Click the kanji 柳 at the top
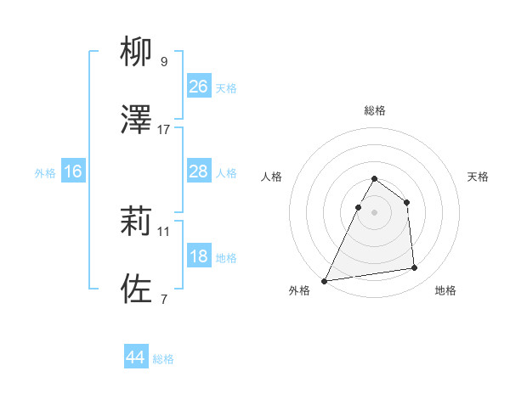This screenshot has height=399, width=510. point(137,53)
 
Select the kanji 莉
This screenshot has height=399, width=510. point(137,222)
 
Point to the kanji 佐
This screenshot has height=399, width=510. point(137,289)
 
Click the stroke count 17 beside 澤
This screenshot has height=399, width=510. point(164,130)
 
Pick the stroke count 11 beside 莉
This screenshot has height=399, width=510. point(164,231)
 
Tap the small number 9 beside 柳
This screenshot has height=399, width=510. point(164,62)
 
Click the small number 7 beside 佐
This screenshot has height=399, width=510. point(164,299)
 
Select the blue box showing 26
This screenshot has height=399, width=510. point(198,86)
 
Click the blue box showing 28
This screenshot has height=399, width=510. point(198,171)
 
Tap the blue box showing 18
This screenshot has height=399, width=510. point(198,256)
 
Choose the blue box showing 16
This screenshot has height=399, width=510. point(72,171)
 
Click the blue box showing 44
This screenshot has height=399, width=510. point(135,357)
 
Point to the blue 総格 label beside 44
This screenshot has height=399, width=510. point(163,359)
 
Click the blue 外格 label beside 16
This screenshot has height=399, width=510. point(45,173)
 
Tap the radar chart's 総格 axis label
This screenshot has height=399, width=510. point(375,110)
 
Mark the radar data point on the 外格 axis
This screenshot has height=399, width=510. point(325,280)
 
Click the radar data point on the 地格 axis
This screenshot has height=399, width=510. point(414,268)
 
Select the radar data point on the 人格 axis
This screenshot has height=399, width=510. point(358,207)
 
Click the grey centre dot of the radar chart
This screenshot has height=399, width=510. point(375,212)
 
